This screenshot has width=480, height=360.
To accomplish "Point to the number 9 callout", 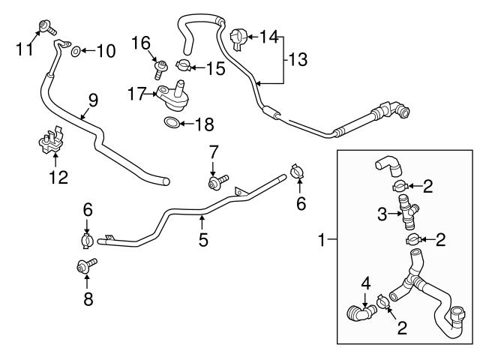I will point(92,99).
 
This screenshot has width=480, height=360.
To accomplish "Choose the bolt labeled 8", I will point(86,265).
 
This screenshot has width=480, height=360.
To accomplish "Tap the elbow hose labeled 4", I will point(358,311).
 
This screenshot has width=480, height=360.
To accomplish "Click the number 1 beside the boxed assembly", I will point(323,240).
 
